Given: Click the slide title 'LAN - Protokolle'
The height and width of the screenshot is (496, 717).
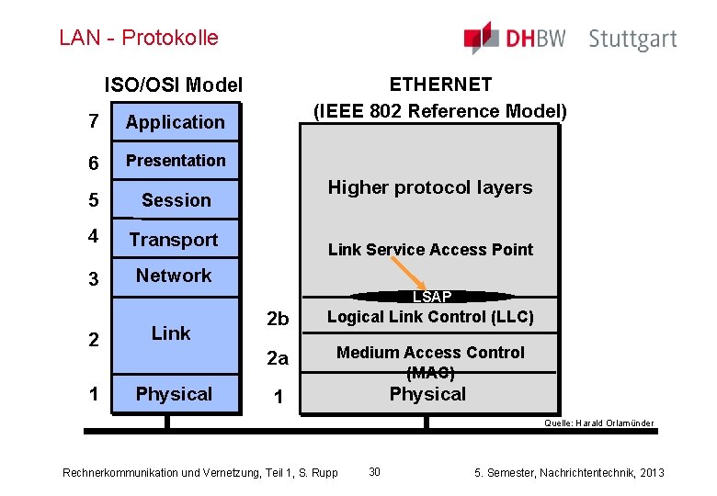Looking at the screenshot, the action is pyautogui.click(x=139, y=38).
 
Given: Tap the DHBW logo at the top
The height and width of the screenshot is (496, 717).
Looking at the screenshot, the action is pyautogui.click(x=515, y=39).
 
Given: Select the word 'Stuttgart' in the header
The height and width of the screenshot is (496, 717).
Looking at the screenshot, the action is pyautogui.click(x=632, y=39).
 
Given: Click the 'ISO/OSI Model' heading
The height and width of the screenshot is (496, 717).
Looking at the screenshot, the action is pyautogui.click(x=173, y=85).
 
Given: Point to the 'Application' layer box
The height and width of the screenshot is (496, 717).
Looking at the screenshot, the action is pyautogui.click(x=175, y=122).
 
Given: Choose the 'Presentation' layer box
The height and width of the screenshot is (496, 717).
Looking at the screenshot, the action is pyautogui.click(x=175, y=161).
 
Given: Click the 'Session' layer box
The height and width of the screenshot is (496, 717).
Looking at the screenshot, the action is pyautogui.click(x=176, y=200).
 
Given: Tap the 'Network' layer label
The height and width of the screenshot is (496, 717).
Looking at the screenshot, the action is pyautogui.click(x=174, y=276).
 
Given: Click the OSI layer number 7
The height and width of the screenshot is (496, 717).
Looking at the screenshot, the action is pyautogui.click(x=93, y=121).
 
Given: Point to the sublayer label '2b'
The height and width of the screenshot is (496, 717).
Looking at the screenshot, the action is pyautogui.click(x=277, y=319).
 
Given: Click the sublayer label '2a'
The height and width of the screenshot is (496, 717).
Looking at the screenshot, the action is pyautogui.click(x=277, y=359).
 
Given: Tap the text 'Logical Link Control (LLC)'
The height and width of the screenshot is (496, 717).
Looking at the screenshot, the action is pyautogui.click(x=430, y=317).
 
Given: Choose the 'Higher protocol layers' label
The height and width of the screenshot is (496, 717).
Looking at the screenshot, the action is pyautogui.click(x=430, y=187).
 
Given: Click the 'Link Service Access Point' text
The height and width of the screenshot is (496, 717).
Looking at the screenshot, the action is pyautogui.click(x=430, y=250).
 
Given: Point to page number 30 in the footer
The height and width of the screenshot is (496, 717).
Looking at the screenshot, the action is pyautogui.click(x=374, y=471).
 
